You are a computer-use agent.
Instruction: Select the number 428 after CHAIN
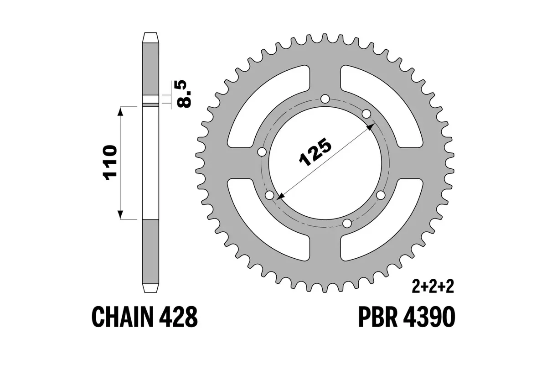181,316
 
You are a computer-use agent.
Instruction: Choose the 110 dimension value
110,163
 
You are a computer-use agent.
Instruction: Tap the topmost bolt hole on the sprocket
325,99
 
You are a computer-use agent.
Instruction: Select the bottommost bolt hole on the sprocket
347,223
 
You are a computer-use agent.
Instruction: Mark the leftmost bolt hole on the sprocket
262,152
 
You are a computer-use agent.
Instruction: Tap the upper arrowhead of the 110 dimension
120,111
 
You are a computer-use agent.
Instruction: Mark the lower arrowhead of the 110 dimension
120,215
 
